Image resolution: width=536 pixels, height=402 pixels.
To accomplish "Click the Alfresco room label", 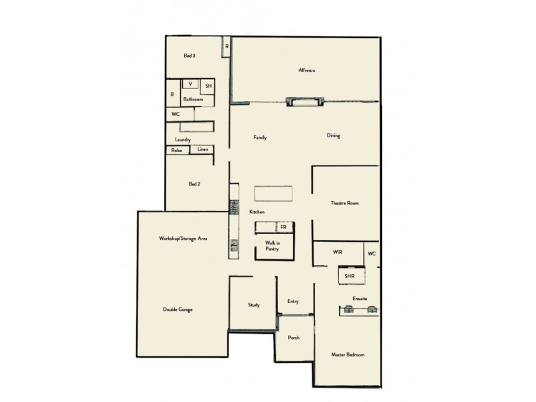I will coord(307,70).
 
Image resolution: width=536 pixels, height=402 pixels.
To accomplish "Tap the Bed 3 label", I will coord(190,56).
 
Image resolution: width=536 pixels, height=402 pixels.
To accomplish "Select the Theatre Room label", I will coord(345,203).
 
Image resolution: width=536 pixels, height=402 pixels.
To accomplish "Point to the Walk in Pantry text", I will coord(272,245).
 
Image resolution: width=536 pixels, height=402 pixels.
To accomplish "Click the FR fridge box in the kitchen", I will coord(283,228).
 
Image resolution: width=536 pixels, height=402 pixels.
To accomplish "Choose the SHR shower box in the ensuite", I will coord(349,276).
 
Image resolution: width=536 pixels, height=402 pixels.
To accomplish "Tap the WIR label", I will coord(338,252).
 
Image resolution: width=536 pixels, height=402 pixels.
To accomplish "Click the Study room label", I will coord(254,306).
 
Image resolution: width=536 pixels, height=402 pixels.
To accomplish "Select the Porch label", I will coord(293,338).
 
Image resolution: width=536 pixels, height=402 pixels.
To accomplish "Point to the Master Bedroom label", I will coord(348,354).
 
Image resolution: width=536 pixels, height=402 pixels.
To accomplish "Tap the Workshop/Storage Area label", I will coord(183,239).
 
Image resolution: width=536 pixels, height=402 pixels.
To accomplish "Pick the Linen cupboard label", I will coord(202,150).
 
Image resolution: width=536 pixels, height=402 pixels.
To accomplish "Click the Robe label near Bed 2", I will coord(177,151).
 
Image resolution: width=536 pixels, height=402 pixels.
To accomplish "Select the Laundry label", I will coord(183,139).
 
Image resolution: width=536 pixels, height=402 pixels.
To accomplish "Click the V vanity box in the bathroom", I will coord(191,84).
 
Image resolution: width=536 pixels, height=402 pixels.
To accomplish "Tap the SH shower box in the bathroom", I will coord(208,86).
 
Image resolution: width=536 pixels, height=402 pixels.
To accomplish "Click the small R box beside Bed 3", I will coord(227,46).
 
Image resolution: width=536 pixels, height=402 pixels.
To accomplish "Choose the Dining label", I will coord(334,136).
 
